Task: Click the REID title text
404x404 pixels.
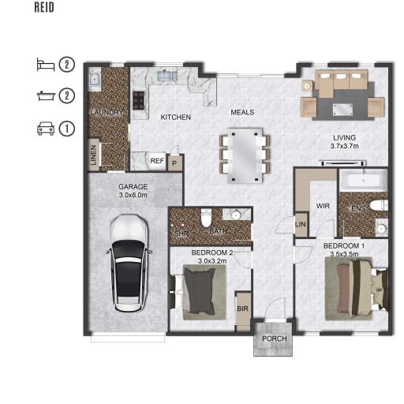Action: pyautogui.click(x=44, y=7)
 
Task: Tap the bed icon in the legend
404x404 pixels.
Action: pyautogui.click(x=46, y=65)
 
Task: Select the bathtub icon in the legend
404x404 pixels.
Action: pyautogui.click(x=46, y=95)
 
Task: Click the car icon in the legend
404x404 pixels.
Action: pyautogui.click(x=46, y=129)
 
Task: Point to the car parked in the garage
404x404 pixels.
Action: pyautogui.click(x=129, y=263)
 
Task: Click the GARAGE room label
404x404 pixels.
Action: pyautogui.click(x=133, y=187)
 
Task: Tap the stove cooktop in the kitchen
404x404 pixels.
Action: pyautogui.click(x=139, y=100)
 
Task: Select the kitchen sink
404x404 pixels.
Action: pyautogui.click(x=167, y=76)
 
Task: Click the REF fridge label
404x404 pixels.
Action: pyautogui.click(x=157, y=161)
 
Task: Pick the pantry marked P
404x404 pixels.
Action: pyautogui.click(x=174, y=163)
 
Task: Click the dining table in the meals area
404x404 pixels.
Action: pyautogui.click(x=245, y=155)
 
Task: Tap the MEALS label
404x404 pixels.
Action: pyautogui.click(x=242, y=112)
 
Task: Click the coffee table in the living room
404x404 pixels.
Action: pyautogui.click(x=342, y=110)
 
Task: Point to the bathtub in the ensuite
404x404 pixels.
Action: pyautogui.click(x=364, y=180)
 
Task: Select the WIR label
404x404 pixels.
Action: pyautogui.click(x=323, y=206)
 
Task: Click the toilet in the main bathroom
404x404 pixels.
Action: pyautogui.click(x=206, y=218)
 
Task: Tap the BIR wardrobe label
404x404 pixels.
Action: pyautogui.click(x=242, y=309)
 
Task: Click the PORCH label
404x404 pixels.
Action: pyautogui.click(x=275, y=339)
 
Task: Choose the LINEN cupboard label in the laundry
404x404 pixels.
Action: pyautogui.click(x=93, y=155)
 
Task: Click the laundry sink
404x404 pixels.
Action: pyautogui.click(x=94, y=79)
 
